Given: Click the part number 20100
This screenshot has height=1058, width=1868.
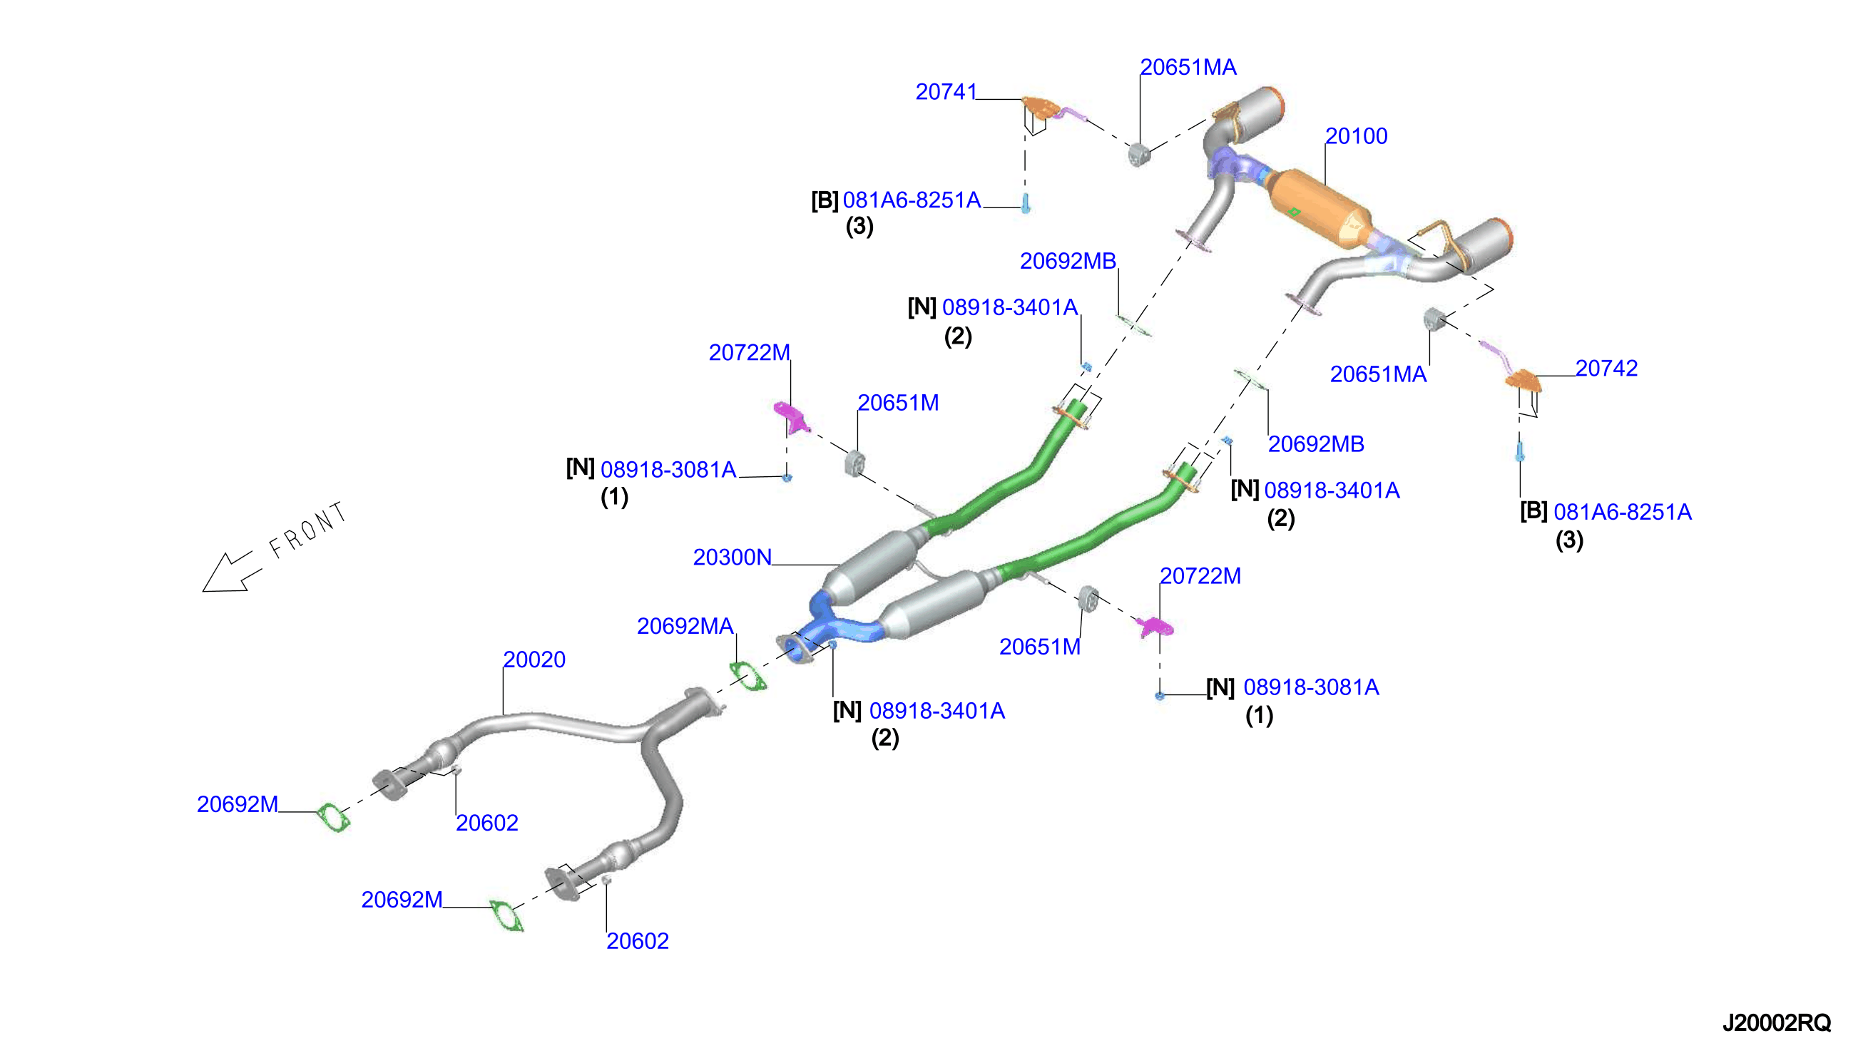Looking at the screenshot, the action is click(x=1356, y=136).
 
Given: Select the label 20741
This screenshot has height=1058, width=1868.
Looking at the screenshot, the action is click(x=946, y=91).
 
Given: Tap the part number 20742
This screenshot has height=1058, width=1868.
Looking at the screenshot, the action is click(x=1606, y=368).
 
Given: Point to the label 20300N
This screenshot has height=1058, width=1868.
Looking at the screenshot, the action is click(x=732, y=557).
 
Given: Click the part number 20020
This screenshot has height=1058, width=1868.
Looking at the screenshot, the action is click(x=534, y=659).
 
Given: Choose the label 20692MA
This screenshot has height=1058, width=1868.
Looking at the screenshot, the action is click(x=685, y=626).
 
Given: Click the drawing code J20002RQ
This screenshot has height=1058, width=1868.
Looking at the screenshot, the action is click(x=1777, y=1022).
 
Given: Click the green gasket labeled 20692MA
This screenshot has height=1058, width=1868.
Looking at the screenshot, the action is click(x=748, y=676).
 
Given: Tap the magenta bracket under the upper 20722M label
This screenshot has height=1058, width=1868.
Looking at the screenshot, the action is click(x=792, y=417).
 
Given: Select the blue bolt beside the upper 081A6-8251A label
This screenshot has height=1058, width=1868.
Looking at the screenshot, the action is click(x=1026, y=202).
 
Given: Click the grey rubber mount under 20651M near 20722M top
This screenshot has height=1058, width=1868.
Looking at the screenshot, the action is click(x=854, y=463).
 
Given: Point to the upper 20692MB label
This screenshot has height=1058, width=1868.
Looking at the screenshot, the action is click(x=1068, y=261).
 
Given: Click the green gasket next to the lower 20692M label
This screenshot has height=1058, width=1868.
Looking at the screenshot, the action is click(x=506, y=915).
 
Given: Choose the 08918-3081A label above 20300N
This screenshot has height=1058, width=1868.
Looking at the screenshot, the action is click(x=668, y=469).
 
